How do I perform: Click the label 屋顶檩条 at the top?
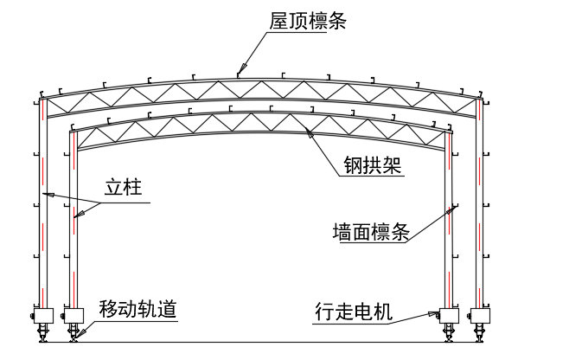tap(307, 20)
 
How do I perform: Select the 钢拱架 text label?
tap(368, 164)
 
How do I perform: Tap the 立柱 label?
tap(124, 187)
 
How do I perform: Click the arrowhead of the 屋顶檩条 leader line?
tap(242, 68)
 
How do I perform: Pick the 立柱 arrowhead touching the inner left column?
tap(76, 217)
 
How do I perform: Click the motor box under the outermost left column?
tap(43, 315)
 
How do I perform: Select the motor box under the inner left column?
tap(73, 315)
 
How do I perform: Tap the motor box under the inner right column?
tap(449, 315)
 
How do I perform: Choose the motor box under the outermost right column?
tap(479, 315)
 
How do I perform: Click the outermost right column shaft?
tap(480, 208)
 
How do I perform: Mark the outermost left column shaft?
tap(42, 208)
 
